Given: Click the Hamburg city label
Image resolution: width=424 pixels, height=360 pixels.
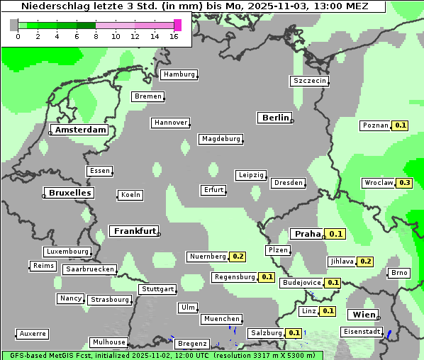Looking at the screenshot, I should [x=179, y=74].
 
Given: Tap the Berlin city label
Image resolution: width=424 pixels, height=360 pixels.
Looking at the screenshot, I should [x=275, y=118].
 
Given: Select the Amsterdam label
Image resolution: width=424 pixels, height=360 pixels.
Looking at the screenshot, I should [x=80, y=130].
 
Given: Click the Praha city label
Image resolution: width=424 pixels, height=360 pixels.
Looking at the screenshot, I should [x=308, y=234].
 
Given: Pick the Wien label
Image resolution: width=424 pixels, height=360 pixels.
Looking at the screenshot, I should [x=362, y=314].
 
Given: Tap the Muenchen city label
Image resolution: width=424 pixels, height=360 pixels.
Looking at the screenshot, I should [x=222, y=319].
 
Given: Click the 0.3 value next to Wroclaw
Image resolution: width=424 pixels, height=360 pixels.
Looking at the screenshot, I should [x=405, y=183].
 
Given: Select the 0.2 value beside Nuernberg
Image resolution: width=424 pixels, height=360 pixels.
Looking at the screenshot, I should [x=238, y=257].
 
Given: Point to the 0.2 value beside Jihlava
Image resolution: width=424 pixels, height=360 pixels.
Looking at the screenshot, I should [x=365, y=261].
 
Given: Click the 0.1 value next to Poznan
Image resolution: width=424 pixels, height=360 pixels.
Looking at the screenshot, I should [x=401, y=125].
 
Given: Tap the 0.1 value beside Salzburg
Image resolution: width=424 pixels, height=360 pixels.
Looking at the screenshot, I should [x=294, y=333].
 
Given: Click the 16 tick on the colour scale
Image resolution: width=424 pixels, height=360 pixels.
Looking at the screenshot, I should [x=174, y=37].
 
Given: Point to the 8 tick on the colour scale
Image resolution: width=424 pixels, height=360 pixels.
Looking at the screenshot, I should [x=96, y=37].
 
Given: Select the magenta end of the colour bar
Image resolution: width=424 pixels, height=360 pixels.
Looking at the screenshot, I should [x=177, y=25].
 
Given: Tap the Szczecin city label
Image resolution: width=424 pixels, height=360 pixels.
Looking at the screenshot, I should [x=310, y=81].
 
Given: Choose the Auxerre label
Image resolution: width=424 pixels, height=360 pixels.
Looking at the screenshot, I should [x=33, y=333].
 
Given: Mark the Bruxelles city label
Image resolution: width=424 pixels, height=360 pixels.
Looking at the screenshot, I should [x=69, y=193].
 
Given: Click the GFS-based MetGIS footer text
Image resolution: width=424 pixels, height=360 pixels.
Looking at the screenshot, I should [x=50, y=355].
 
